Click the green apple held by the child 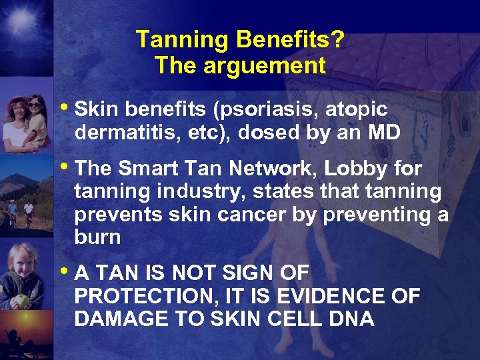(23, 299)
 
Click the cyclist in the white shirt (28, 210)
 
